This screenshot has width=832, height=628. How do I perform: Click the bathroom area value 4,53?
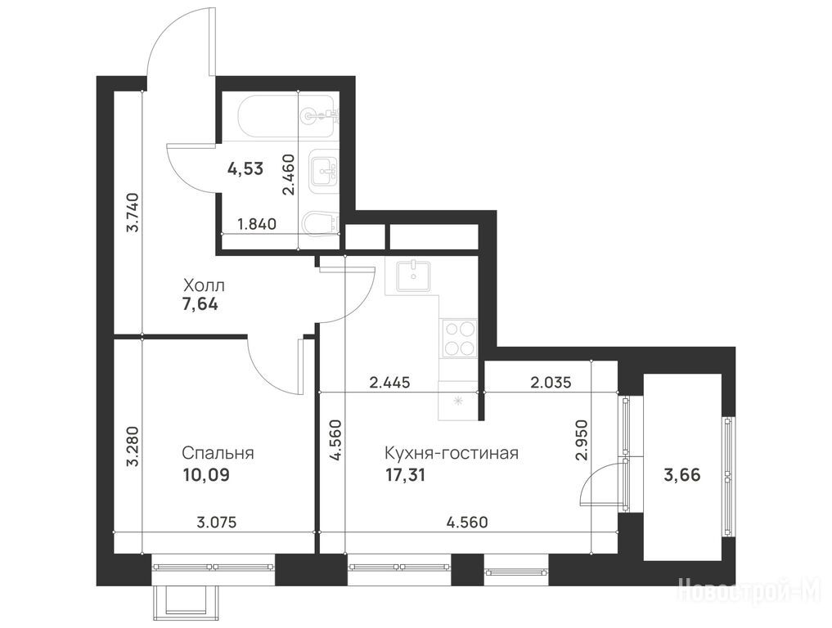245,169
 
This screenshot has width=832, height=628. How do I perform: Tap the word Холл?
204,286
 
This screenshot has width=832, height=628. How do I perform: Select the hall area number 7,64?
200,306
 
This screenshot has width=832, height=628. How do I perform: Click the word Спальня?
218,454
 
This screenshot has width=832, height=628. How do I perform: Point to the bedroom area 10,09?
206,475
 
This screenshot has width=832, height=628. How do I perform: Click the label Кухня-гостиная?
451,454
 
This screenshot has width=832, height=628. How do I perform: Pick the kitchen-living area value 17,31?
406,475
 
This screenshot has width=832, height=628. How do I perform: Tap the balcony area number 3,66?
682,475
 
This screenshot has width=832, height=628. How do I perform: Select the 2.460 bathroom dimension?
289,174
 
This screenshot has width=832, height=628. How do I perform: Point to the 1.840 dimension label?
257,224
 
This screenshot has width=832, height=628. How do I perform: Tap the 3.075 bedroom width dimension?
217,523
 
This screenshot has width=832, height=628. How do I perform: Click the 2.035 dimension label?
551,383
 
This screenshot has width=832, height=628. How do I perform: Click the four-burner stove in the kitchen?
459,339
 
